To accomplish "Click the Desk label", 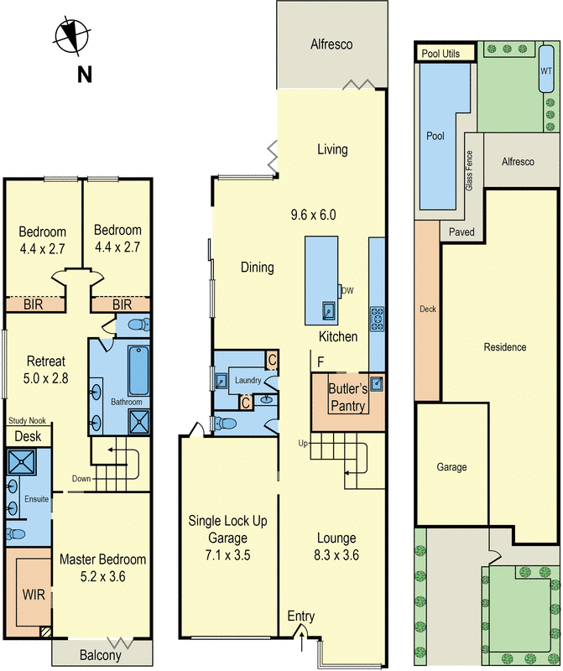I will tap(28, 436).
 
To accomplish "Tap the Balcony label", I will tap(101, 655).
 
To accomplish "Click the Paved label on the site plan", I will tap(461, 231).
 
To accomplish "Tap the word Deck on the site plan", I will tap(428, 309).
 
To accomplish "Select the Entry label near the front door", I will tap(301, 616).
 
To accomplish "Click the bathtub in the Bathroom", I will tap(138, 372).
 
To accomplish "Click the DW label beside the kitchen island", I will tap(347, 290).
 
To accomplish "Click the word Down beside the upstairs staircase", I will tap(81, 480).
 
